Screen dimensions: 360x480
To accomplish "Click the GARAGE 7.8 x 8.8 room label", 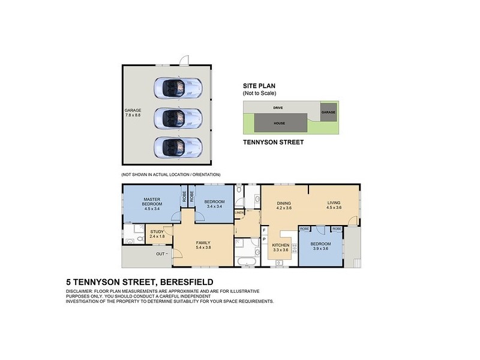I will click(x=133, y=113).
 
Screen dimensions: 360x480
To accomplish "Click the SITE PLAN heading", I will click(x=259, y=86).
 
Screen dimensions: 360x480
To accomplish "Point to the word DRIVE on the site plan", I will click(x=277, y=108).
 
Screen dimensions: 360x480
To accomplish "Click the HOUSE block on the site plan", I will click(x=279, y=124).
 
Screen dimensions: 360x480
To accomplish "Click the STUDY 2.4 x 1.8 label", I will click(x=157, y=234).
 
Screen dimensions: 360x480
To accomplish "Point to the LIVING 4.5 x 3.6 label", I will click(x=334, y=205).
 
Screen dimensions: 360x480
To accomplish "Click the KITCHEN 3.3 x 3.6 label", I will click(x=281, y=248).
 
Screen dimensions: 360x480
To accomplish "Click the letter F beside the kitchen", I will click(x=264, y=230).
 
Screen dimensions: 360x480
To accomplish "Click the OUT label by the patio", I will click(x=160, y=254).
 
